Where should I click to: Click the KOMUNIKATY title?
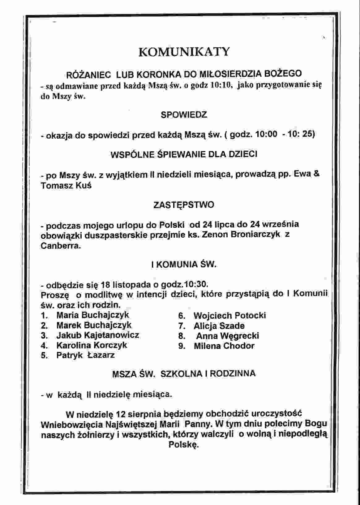(184, 52)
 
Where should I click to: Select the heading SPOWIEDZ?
(184, 115)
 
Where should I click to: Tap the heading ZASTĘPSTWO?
(184, 205)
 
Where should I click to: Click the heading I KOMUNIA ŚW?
(184, 265)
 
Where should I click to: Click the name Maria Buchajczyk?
(92, 315)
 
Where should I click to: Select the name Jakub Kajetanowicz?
(97, 335)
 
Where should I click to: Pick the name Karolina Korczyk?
(92, 345)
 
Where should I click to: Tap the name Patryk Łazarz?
(85, 355)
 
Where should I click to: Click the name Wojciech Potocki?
(229, 316)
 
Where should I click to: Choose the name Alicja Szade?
(219, 326)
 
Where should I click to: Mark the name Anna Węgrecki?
(228, 336)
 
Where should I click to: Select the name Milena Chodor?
(224, 346)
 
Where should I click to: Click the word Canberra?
(61, 246)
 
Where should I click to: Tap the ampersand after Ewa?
(316, 174)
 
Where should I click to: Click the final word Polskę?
(183, 445)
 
